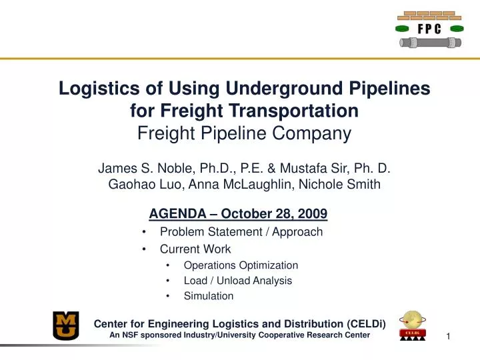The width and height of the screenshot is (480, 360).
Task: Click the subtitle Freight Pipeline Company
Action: click(x=244, y=133)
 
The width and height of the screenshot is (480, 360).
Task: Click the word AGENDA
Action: click(x=175, y=214)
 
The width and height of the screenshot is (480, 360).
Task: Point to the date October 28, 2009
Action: click(x=274, y=214)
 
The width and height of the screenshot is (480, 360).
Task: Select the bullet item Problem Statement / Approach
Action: click(x=241, y=232)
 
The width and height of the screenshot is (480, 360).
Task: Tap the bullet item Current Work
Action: click(x=195, y=249)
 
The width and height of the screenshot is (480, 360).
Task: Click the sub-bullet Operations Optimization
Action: click(x=241, y=265)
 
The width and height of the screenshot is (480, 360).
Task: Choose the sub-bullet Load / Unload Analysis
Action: click(x=237, y=281)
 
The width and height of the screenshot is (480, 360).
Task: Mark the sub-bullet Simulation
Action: click(x=209, y=296)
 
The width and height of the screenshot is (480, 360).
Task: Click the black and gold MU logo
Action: click(x=66, y=326)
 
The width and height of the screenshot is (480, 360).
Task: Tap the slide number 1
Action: click(x=449, y=336)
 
